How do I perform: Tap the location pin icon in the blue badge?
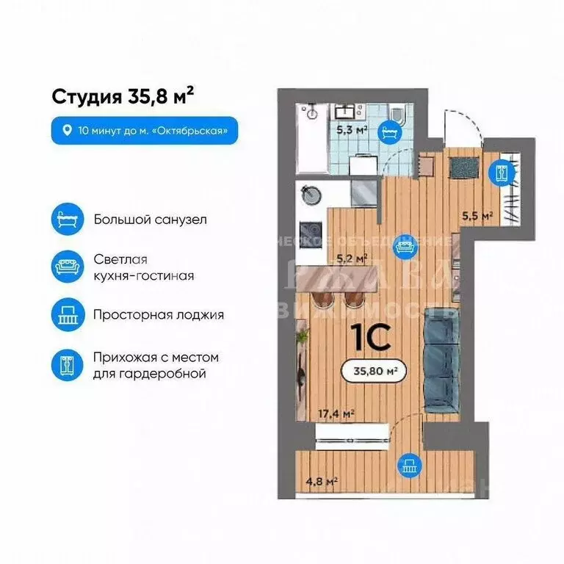pos(68,131)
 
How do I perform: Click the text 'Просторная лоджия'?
pos(159,314)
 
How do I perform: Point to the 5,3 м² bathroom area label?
pos(352,131)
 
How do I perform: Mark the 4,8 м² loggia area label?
pos(322,482)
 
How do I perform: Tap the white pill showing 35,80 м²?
pos(374,372)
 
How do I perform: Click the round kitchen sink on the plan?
pos(310,194)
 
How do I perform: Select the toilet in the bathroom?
pos(397,117)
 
